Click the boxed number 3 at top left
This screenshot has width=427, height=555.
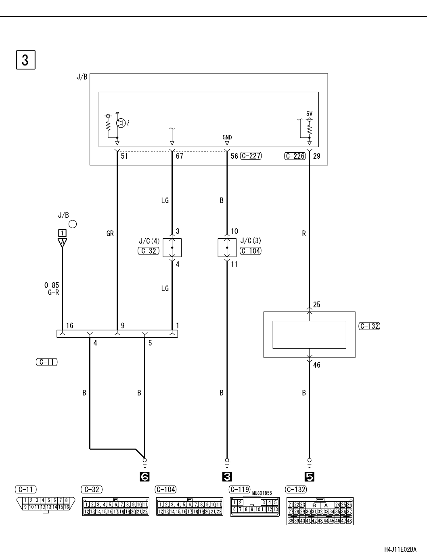pyautogui.click(x=26, y=60)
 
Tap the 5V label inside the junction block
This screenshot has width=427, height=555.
pyautogui.click(x=309, y=114)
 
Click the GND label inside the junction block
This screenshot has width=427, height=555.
pyautogui.click(x=227, y=137)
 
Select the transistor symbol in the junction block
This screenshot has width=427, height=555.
pyautogui.click(x=121, y=123)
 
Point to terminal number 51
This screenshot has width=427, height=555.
pyautogui.click(x=124, y=156)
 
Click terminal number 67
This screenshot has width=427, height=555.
pyautogui.click(x=179, y=156)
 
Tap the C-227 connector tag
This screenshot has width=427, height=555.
pyautogui.click(x=251, y=156)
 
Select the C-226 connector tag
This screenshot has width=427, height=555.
pyautogui.click(x=295, y=156)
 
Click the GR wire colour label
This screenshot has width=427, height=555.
pyautogui.click(x=110, y=233)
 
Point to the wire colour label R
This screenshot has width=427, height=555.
pyautogui.click(x=304, y=233)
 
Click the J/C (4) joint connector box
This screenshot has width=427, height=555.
pyautogui.click(x=172, y=248)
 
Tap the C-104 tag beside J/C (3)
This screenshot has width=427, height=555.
pyautogui.click(x=251, y=251)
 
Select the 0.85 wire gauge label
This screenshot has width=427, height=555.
pyautogui.click(x=52, y=285)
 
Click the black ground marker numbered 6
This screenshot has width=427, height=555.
pyautogui.click(x=144, y=477)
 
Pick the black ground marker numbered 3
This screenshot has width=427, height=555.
pyautogui.click(x=227, y=477)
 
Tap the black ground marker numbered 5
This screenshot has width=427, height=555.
pyautogui.click(x=310, y=477)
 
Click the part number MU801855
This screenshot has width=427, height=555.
pyautogui.click(x=262, y=493)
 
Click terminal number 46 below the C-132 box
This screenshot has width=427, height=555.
pyautogui.click(x=316, y=365)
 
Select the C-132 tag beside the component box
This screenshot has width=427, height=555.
pyautogui.click(x=369, y=326)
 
